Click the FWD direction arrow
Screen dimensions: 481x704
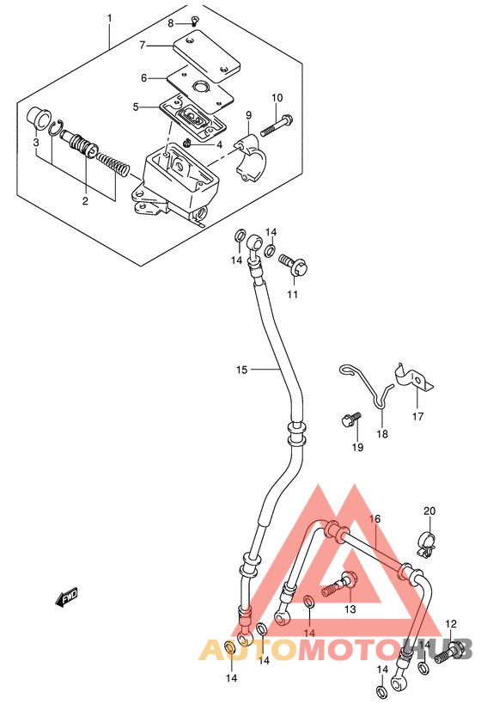pyautogui.click(x=66, y=597)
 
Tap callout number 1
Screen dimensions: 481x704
pyautogui.click(x=109, y=18)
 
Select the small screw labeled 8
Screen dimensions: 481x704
pyautogui.click(x=195, y=19)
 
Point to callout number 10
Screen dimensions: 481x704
pyautogui.click(x=277, y=98)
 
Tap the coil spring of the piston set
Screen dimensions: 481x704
pyautogui.click(x=113, y=164)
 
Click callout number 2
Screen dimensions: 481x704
pyautogui.click(x=85, y=200)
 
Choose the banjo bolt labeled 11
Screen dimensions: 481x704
pyautogui.click(x=293, y=266)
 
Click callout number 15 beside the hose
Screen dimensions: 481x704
pyautogui.click(x=242, y=370)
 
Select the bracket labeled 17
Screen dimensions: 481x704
pyautogui.click(x=414, y=380)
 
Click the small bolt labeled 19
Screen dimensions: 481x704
pyautogui.click(x=350, y=419)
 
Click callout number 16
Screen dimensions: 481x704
pyautogui.click(x=374, y=519)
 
